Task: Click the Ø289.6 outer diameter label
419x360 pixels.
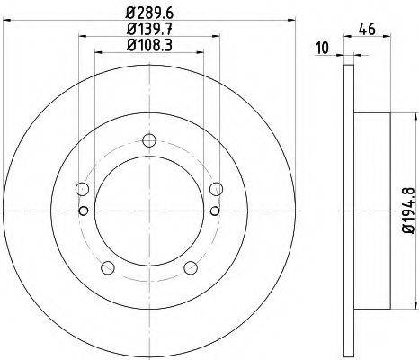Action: coord(148,14)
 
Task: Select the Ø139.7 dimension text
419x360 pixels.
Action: coord(148,31)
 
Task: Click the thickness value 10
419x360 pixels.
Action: coord(323,47)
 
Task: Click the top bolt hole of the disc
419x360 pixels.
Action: coord(149,140)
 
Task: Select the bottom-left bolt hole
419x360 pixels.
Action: coord(109,267)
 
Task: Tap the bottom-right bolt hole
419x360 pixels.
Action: coord(190,267)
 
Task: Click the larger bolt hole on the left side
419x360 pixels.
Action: coord(83,189)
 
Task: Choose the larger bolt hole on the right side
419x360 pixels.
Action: coord(216,189)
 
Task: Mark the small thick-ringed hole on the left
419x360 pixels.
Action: coord(84,211)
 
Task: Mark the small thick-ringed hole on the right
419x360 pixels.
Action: coord(215,211)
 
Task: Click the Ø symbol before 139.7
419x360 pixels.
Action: coord(129,31)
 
